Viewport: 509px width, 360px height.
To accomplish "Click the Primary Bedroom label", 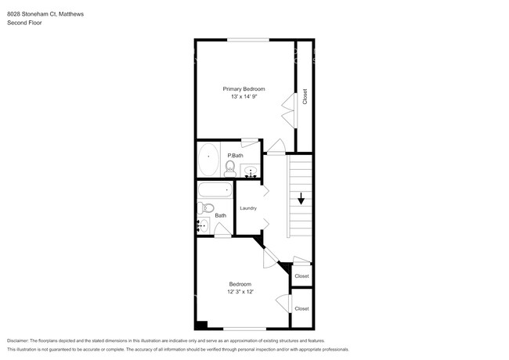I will [243, 88].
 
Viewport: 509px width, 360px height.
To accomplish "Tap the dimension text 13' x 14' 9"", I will [243, 96].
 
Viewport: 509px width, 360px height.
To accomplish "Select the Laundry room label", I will [248, 208].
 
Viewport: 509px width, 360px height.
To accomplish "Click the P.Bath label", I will [233, 156].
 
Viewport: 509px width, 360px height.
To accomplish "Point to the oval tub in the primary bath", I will [208, 160].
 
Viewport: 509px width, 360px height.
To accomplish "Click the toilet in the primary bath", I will [231, 167].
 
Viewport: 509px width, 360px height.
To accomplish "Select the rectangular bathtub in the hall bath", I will [215, 190].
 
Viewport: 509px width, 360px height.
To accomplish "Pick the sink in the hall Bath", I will [203, 226].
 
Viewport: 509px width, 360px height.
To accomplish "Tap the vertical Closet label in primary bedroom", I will [305, 97].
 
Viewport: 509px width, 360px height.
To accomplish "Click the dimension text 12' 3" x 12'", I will [240, 292].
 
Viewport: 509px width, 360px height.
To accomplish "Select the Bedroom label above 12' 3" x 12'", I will [240, 283].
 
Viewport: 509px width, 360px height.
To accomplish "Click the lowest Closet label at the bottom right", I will [301, 308].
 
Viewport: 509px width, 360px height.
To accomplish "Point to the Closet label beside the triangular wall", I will [301, 276].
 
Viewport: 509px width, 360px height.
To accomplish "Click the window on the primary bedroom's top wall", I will [248, 39].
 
